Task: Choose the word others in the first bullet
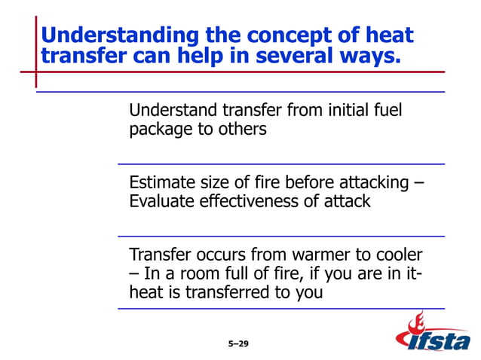(244, 130)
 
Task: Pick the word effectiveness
(256, 202)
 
